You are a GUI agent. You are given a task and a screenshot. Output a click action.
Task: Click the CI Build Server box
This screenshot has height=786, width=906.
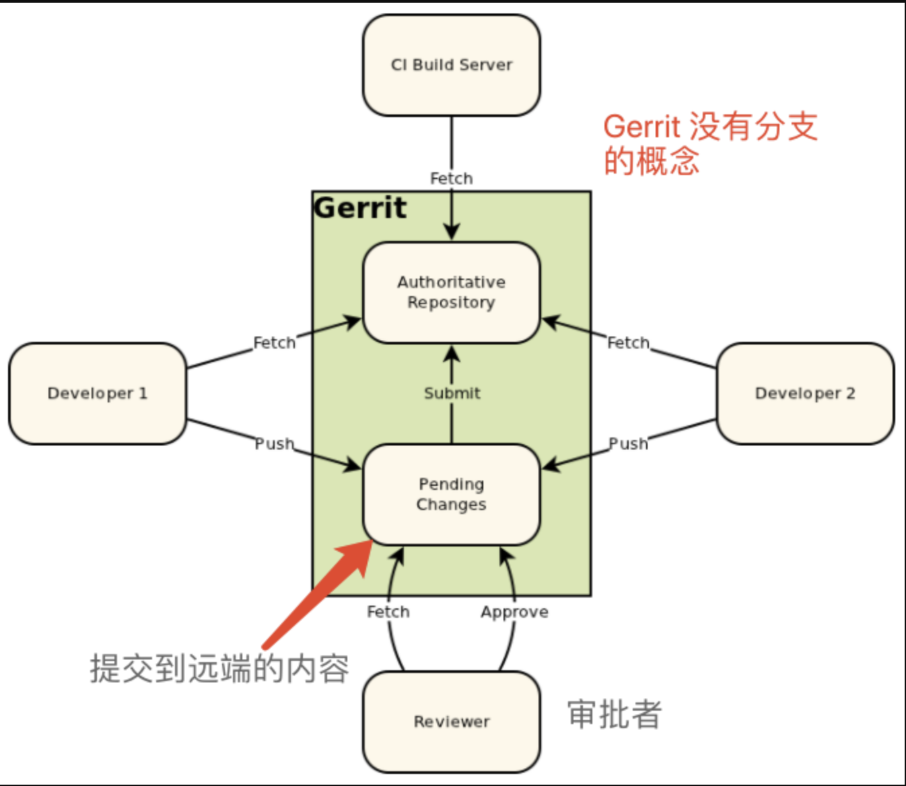451,65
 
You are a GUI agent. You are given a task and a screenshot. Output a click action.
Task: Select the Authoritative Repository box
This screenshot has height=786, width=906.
451,292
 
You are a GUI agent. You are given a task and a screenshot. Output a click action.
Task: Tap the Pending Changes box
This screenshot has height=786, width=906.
451,494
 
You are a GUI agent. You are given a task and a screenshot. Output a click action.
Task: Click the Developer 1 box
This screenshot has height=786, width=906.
97,393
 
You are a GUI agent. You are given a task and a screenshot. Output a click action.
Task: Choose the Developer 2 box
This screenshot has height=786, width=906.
805,393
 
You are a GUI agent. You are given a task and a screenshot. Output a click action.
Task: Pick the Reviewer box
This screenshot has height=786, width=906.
451,721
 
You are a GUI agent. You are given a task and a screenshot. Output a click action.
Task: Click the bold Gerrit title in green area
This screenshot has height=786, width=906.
360,208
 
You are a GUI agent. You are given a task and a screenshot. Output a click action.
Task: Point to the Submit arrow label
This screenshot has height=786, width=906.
452,393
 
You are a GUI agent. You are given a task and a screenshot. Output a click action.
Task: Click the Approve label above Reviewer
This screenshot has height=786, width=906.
514,612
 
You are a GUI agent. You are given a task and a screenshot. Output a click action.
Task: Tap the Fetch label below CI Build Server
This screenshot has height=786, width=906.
451,178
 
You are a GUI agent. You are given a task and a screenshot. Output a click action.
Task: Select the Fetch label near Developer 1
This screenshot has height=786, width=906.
274,343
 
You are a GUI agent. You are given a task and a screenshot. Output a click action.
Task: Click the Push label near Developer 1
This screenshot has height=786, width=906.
274,443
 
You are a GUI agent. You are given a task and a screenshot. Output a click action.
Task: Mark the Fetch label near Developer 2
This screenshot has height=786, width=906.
628,343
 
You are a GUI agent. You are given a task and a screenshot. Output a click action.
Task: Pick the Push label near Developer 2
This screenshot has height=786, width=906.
628,443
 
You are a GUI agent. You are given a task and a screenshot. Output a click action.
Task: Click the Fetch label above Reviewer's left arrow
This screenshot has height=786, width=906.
388,612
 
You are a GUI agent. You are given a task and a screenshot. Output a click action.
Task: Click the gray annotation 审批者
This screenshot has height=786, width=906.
614,714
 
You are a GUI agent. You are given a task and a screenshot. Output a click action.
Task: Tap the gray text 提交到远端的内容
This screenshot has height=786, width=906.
219,668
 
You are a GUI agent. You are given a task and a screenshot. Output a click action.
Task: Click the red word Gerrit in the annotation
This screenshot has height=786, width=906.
641,127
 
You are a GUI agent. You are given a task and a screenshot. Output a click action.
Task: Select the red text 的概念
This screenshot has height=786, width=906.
651,162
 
